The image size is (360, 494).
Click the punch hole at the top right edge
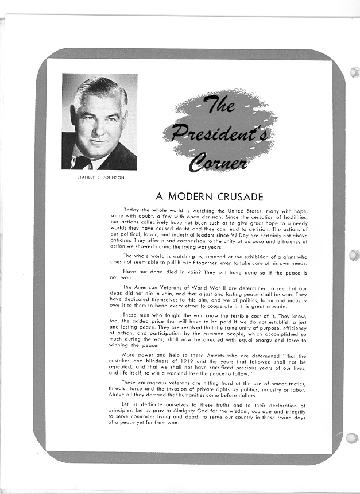354,73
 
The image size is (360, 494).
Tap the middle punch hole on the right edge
354,254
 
